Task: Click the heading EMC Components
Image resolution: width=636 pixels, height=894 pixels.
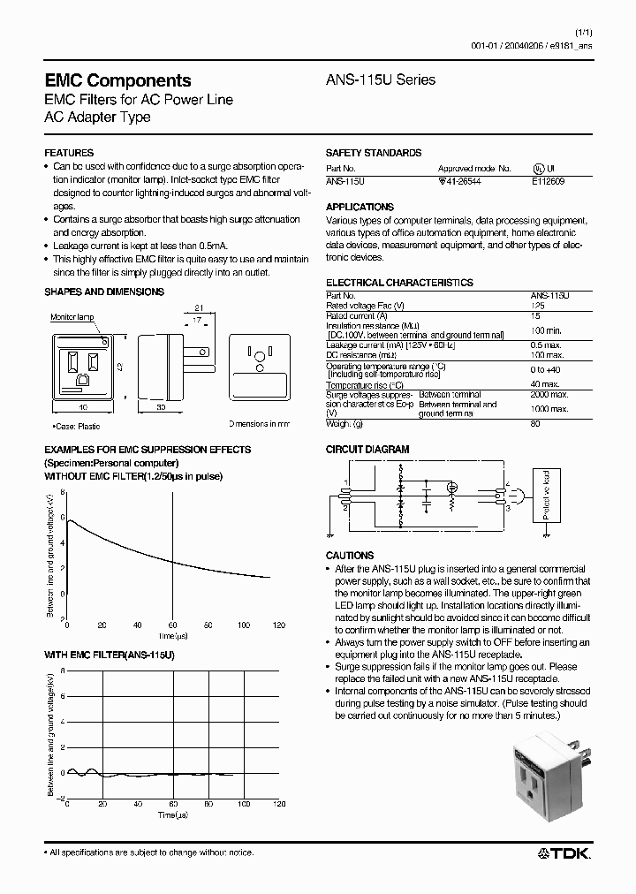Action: coord(117,80)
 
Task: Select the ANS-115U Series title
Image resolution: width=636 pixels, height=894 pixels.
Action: coord(381,80)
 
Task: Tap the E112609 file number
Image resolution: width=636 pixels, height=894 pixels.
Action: coord(548,179)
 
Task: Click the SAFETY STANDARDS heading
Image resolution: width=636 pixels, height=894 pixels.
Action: coord(373,153)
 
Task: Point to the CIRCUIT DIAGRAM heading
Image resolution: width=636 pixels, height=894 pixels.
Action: coord(367,450)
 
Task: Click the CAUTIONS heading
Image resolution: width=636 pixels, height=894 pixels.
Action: coord(350,556)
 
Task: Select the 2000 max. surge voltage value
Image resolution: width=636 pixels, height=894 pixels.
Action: coord(549,394)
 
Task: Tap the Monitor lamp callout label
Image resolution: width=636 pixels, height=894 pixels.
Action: coord(72,317)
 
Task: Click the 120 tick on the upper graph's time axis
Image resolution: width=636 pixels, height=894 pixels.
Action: coord(279,625)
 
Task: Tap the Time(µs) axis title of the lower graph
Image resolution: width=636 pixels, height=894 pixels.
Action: coord(173,814)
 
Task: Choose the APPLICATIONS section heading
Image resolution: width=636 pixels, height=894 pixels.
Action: coord(360,207)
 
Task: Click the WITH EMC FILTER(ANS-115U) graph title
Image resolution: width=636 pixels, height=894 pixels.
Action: coord(110,656)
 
